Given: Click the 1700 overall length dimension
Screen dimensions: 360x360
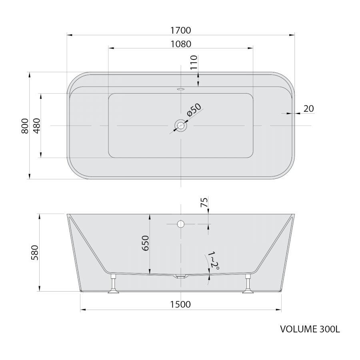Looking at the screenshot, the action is [181, 30].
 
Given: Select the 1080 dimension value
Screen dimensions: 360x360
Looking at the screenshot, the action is [181, 44].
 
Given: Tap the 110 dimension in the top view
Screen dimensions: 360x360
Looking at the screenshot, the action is [194, 62].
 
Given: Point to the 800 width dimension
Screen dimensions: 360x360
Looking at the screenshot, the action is [25, 126].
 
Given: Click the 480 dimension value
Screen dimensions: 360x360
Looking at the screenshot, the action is [37, 126].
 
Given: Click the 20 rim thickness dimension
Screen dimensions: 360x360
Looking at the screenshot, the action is [308, 108].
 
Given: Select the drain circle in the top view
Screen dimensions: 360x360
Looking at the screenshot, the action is [181, 126].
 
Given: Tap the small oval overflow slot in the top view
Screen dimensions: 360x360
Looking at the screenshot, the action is [181, 88].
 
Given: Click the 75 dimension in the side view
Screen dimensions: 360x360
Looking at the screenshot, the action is [204, 202].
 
